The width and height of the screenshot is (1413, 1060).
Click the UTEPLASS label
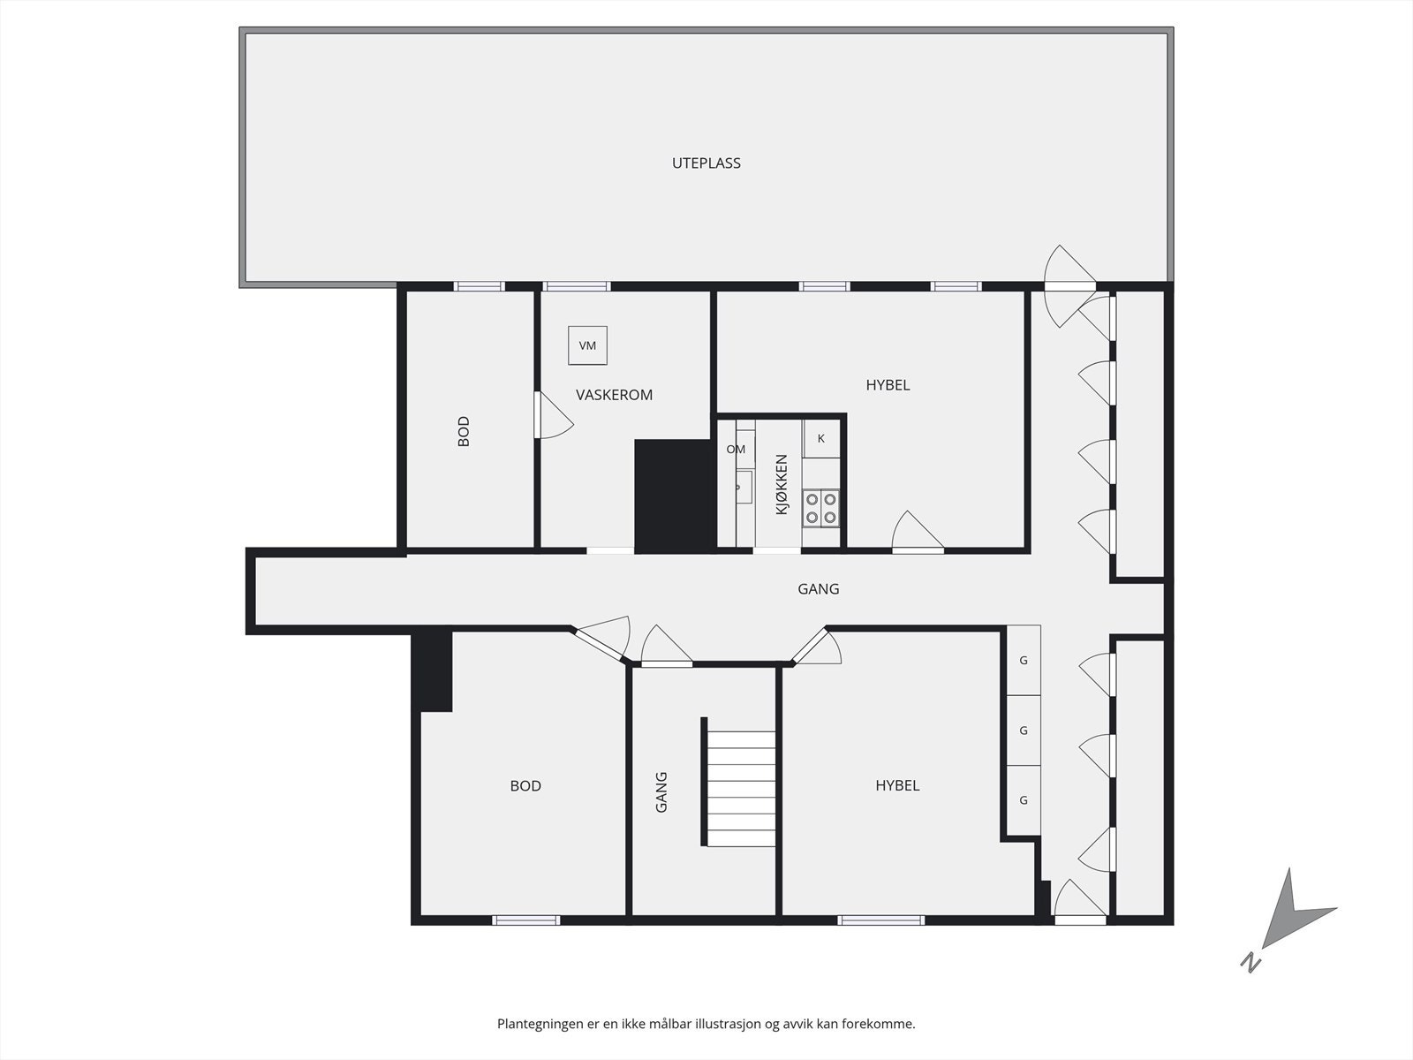706,163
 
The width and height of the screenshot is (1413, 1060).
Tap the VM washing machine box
587,345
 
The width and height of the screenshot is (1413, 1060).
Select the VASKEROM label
614,395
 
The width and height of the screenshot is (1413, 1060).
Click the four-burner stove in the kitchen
820,509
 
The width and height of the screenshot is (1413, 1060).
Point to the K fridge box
820,439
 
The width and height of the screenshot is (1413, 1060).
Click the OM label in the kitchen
736,450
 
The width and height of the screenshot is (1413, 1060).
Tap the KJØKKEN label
782,485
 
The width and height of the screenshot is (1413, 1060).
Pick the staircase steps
741,789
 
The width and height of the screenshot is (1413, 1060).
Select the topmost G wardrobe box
1024,661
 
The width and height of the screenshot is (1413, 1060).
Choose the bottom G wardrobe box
1024,800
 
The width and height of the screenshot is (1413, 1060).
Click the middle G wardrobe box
1024,731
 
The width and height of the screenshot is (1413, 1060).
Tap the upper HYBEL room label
888,385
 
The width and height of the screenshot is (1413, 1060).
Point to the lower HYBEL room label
897,786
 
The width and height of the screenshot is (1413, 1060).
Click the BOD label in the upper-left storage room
464,431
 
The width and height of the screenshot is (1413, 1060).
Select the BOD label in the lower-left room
525,786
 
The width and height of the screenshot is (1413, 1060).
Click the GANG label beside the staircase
661,792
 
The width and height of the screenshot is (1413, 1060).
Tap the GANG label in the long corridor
818,589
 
